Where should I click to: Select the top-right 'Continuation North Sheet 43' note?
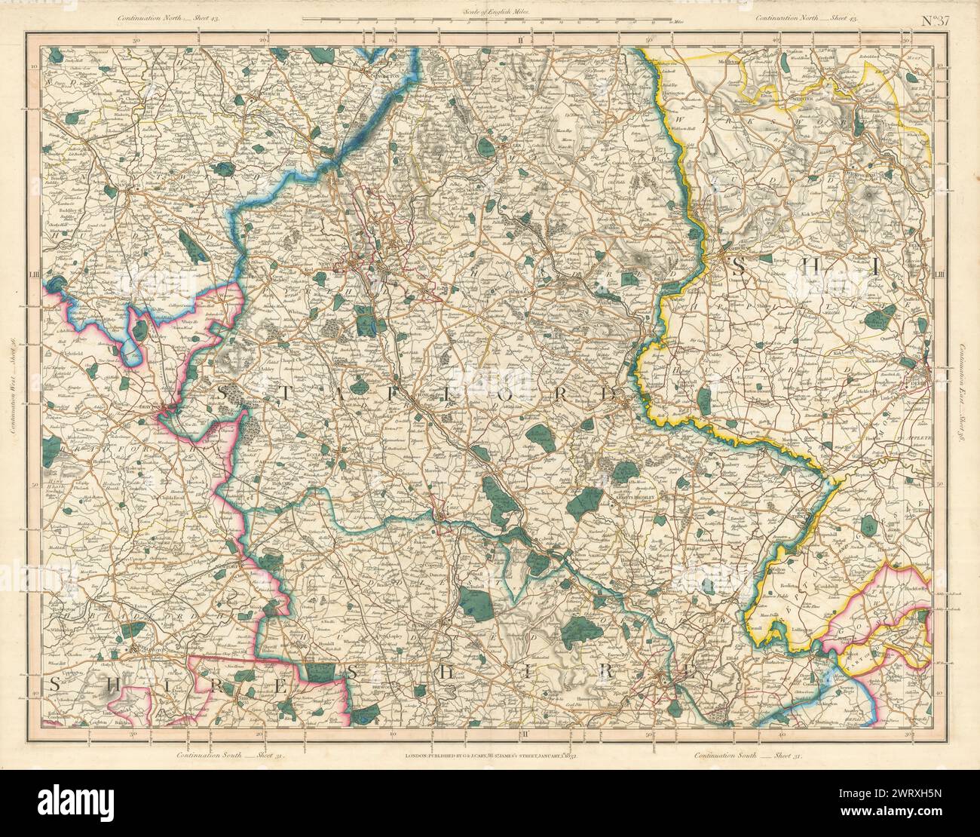[807, 17]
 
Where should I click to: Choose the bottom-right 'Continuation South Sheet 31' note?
[747, 756]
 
